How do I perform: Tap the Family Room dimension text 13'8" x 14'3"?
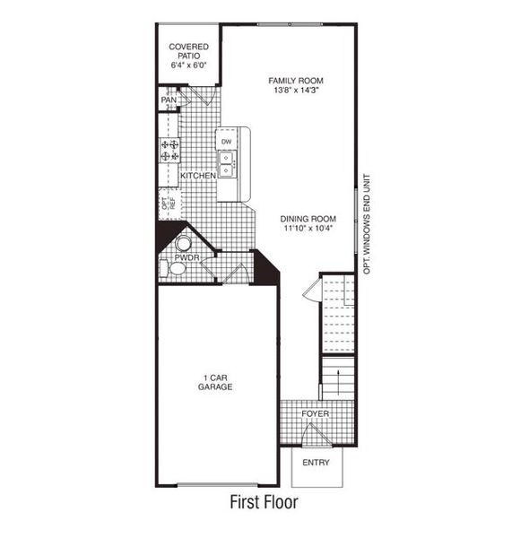[297, 91]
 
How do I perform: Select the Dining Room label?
[308, 219]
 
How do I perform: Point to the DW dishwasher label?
[226, 142]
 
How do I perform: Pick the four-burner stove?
[169, 151]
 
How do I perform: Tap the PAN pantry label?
[169, 100]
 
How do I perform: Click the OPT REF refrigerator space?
[169, 204]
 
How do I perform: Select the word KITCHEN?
[198, 176]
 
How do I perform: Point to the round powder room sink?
[183, 243]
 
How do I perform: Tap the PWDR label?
[187, 257]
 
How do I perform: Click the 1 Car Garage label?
[215, 382]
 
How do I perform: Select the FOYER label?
[316, 413]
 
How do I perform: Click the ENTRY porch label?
[316, 463]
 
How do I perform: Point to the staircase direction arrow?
[338, 382]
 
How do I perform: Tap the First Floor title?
[264, 502]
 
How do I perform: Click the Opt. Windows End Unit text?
[367, 224]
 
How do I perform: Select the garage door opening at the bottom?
[217, 485]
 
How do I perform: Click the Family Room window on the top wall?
[290, 24]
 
